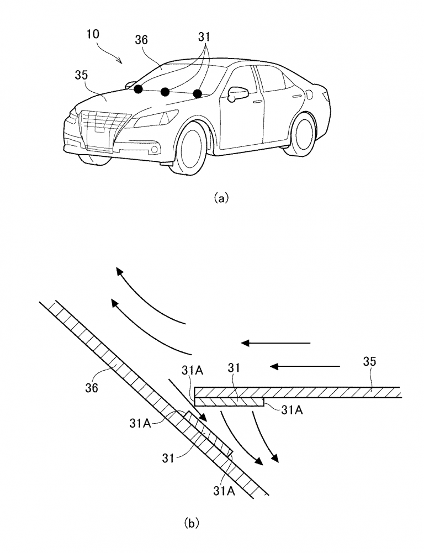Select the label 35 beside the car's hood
tap(81, 75)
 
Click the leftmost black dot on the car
tap(138, 89)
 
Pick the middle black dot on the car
tap(165, 92)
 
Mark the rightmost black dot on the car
tap(198, 93)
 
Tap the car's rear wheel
tap(303, 133)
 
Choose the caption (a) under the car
tap(220, 197)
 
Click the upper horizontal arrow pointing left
tap(276, 343)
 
